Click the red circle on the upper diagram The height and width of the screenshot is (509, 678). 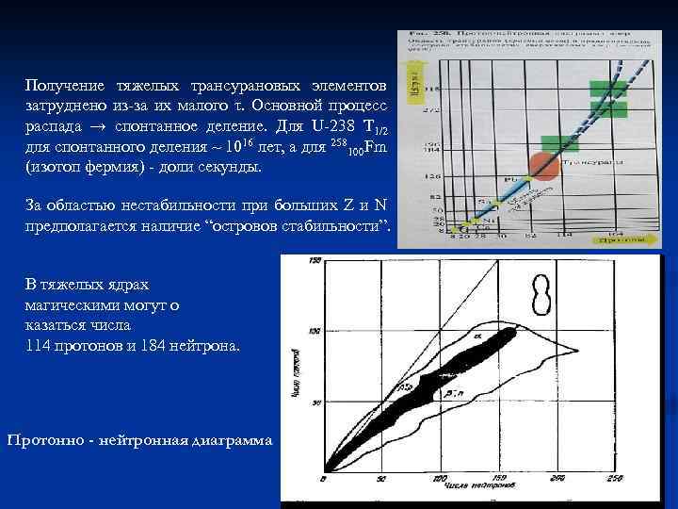click(545, 164)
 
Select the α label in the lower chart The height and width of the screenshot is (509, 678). click(477, 335)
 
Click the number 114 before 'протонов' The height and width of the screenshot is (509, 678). click(38, 346)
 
